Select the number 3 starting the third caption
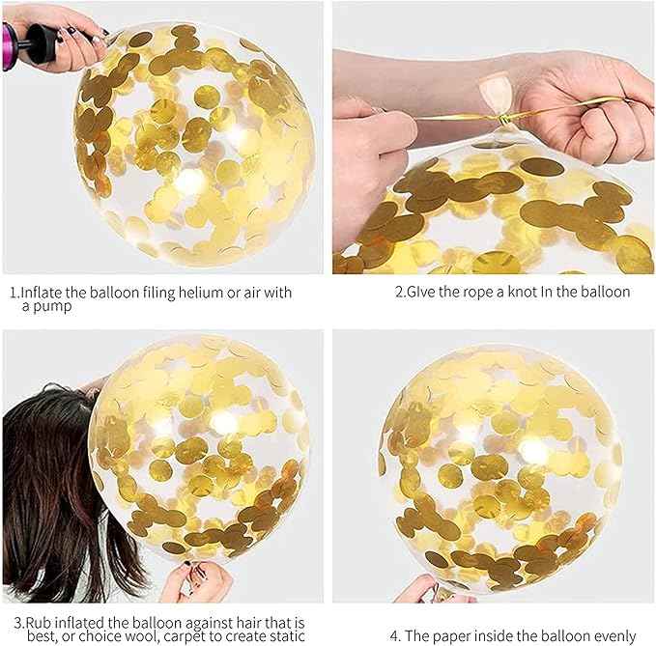(x=18, y=624)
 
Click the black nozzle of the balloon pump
(x=41, y=43)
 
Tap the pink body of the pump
(x=10, y=47)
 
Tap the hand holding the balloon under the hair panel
(x=196, y=582)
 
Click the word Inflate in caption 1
(x=42, y=292)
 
